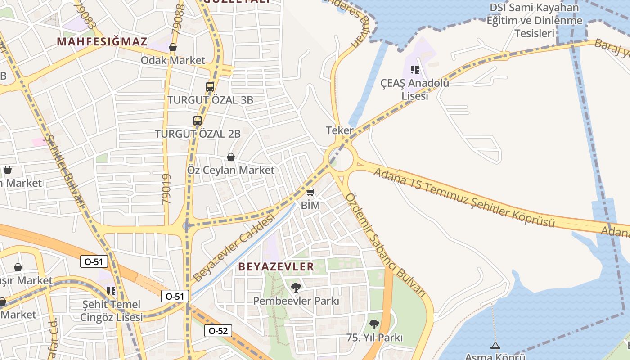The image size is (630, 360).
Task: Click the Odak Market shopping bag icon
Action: pyautogui.click(x=173, y=47)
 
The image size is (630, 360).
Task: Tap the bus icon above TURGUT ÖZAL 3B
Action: pyautogui.click(x=210, y=87)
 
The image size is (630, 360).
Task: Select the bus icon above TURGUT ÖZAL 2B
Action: pyautogui.click(x=198, y=120)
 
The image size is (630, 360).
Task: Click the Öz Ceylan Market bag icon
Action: pyautogui.click(x=231, y=157)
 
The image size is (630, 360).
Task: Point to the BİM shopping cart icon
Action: pyautogui.click(x=310, y=193)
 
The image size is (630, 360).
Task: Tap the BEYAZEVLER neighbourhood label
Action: pyautogui.click(x=276, y=266)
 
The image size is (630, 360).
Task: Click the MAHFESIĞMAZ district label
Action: pyautogui.click(x=102, y=42)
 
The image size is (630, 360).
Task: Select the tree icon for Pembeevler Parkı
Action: pyautogui.click(x=296, y=287)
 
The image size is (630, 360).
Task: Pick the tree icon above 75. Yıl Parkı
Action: pyautogui.click(x=374, y=324)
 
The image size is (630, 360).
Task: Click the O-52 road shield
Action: pyautogui.click(x=218, y=331)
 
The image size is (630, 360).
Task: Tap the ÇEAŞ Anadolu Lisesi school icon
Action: pyautogui.click(x=414, y=70)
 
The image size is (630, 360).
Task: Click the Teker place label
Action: pyautogui.click(x=340, y=130)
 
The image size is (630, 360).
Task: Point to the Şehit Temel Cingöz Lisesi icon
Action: pyautogui.click(x=111, y=291)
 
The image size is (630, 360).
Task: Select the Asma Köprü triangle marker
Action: pyautogui.click(x=495, y=346)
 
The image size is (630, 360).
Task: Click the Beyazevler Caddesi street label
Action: pyautogui.click(x=234, y=247)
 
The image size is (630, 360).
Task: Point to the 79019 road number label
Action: pyautogui.click(x=166, y=189)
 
